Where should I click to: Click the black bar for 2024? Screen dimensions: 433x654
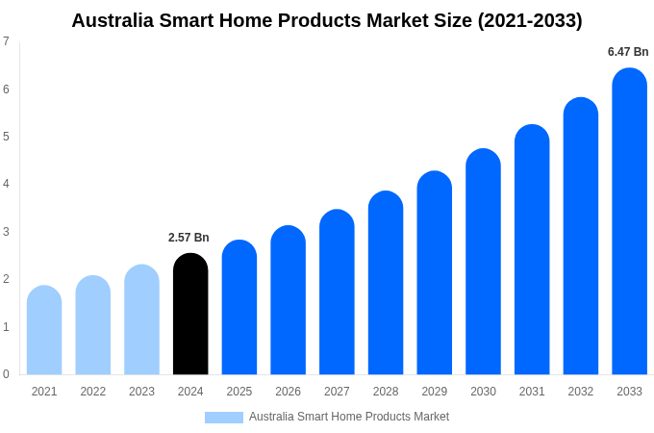(x=190, y=315)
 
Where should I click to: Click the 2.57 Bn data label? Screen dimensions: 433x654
(x=189, y=238)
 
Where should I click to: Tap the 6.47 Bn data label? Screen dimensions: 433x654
(x=628, y=52)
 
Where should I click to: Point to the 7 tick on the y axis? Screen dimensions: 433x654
(x=6, y=41)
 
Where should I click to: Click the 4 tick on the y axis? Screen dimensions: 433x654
(x=6, y=184)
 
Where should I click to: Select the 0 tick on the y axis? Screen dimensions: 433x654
(x=6, y=374)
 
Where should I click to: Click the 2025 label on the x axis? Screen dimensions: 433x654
(x=239, y=392)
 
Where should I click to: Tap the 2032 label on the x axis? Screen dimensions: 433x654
(x=580, y=392)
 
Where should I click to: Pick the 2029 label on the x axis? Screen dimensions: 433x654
(x=434, y=392)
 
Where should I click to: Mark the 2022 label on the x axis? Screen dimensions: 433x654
(x=93, y=392)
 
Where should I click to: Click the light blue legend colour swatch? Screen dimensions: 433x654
(x=223, y=418)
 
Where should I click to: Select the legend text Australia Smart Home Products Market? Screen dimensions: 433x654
(x=349, y=417)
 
